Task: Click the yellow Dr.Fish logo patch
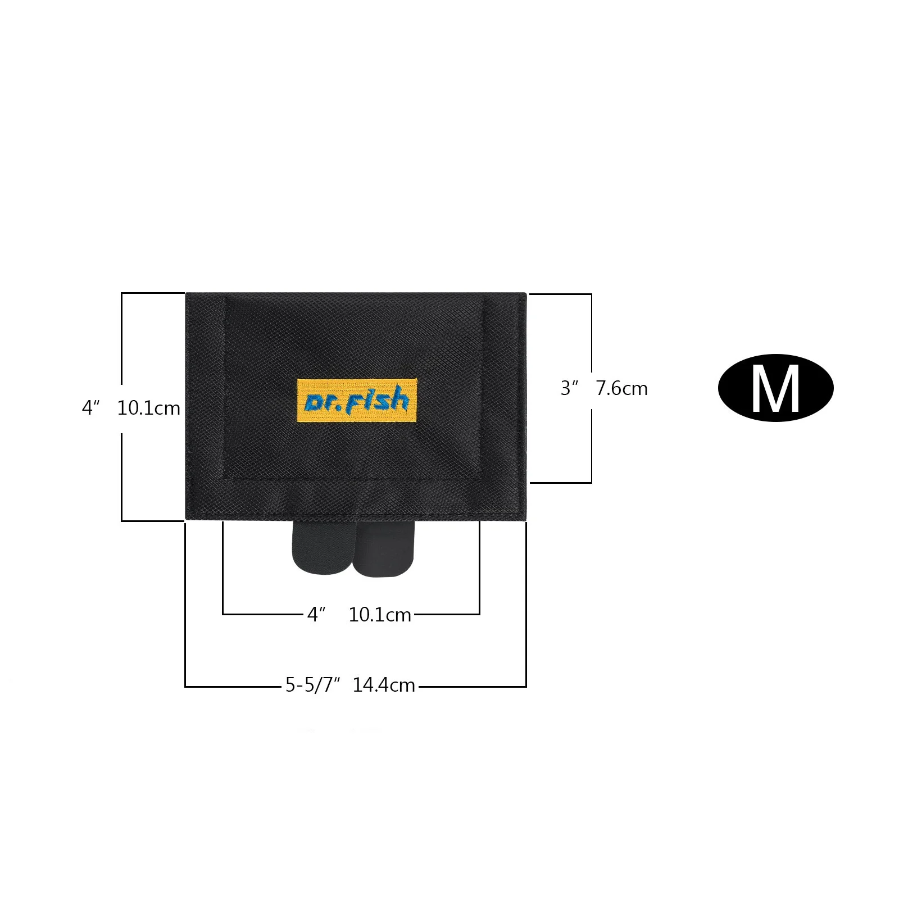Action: [357, 401]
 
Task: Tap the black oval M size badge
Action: [775, 388]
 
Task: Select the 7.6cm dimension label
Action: [622, 388]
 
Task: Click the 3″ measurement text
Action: [570, 388]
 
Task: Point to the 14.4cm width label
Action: [384, 685]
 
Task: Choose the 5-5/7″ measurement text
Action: [313, 685]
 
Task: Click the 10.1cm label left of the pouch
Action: [148, 408]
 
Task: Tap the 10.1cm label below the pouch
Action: [380, 615]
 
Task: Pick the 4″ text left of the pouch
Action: [90, 408]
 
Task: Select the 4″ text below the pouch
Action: [316, 615]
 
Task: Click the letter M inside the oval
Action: [775, 389]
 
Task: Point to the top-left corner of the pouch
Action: [187, 294]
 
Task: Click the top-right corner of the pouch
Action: [525, 294]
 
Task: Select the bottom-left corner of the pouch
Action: [187, 520]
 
